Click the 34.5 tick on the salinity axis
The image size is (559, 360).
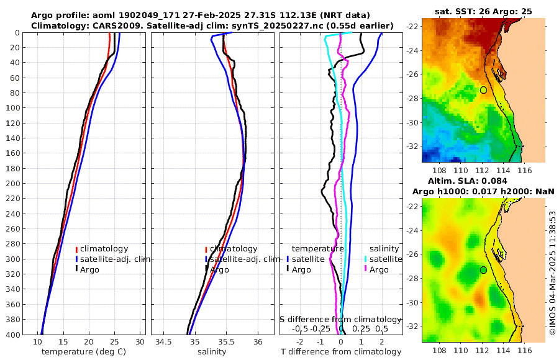[164, 342]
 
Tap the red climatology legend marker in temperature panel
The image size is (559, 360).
[76, 250]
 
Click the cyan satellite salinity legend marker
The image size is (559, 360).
[366, 259]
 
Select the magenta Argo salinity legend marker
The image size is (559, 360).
[366, 269]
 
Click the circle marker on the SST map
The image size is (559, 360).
[483, 90]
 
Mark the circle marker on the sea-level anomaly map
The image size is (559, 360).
[483, 270]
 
